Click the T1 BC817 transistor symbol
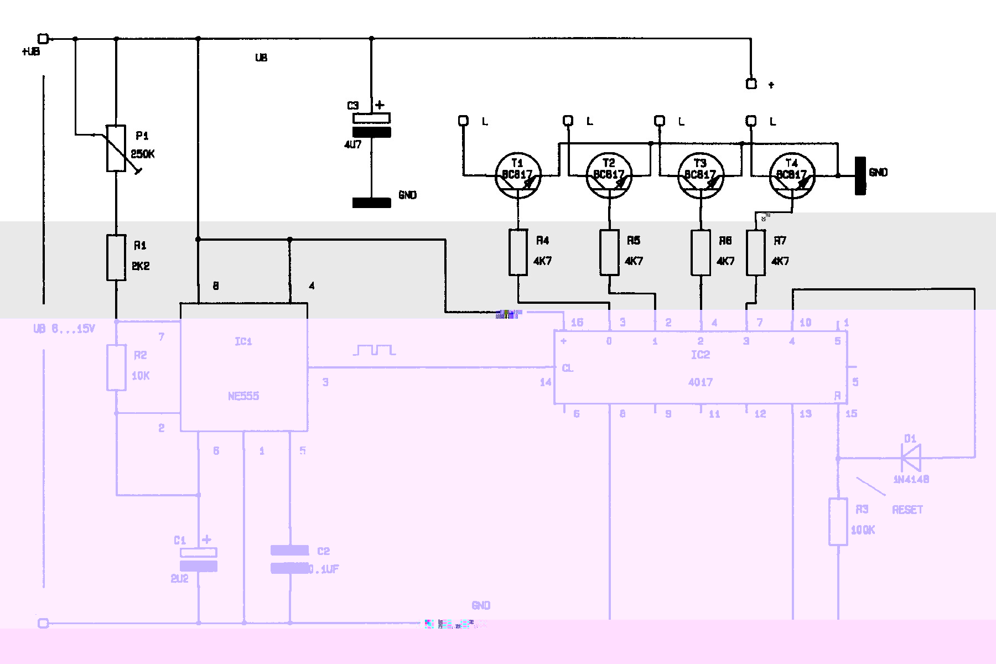point(518,176)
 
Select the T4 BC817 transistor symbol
point(792,176)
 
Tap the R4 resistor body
point(518,252)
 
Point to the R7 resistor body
point(756,252)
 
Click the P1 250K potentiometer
point(116,148)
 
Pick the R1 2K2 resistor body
point(116,257)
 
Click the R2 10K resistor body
point(116,367)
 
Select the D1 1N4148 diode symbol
point(911,458)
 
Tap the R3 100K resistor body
point(838,521)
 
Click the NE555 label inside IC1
point(243,396)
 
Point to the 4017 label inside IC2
point(701,382)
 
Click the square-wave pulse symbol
point(375,350)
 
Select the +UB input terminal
point(43,39)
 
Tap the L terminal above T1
point(464,121)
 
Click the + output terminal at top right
point(751,84)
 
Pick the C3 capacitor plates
point(372,125)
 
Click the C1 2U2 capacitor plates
point(199,559)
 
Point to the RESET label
point(907,510)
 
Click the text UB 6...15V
point(64,329)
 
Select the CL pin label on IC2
point(568,369)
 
